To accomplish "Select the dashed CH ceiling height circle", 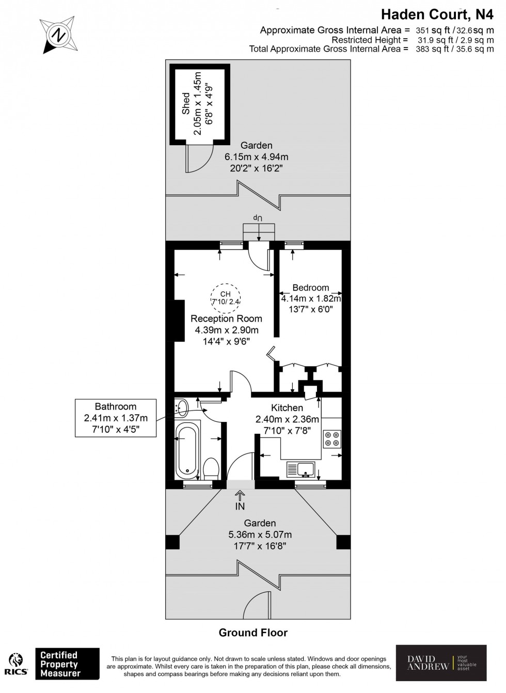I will pyautogui.click(x=226, y=298).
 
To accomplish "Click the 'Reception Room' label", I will pyautogui.click(x=226, y=319).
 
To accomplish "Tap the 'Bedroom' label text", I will pyautogui.click(x=310, y=288).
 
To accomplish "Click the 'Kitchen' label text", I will pyautogui.click(x=287, y=408).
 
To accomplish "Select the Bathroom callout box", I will pyautogui.click(x=116, y=418).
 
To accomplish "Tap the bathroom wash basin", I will pyautogui.click(x=181, y=408).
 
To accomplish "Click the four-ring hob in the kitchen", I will pyautogui.click(x=332, y=438).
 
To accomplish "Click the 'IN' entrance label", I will pyautogui.click(x=240, y=507).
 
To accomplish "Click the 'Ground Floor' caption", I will pyautogui.click(x=253, y=633).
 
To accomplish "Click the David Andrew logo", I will pyautogui.click(x=441, y=663).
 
